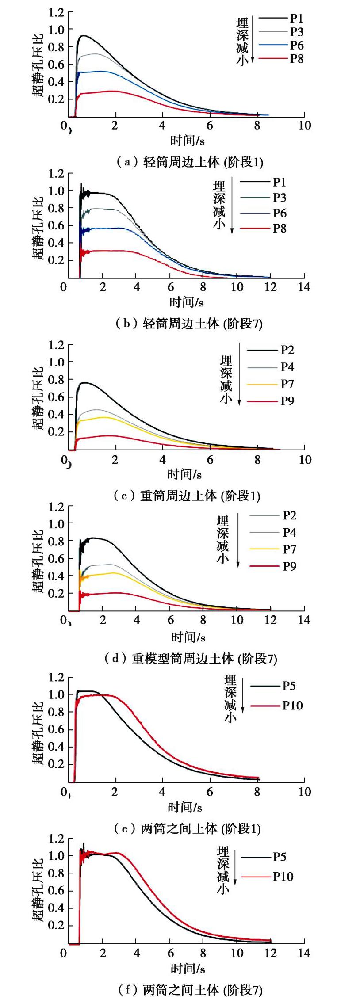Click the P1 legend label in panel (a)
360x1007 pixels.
pos(296,18)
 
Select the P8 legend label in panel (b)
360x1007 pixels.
pos(280,229)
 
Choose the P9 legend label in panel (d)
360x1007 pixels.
pos(289,566)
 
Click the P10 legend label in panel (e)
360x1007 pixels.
pos(292,706)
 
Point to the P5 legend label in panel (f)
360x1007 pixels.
pos(280,857)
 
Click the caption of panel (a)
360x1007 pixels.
pos(189,162)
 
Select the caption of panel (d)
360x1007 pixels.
pos(190,659)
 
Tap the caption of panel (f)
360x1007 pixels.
pos(190,990)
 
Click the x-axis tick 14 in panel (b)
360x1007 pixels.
pos(304,287)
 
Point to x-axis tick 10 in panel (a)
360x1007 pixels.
pos(305,126)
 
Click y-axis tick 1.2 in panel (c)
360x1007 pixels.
pos(56,344)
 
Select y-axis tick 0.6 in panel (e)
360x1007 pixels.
pos(56,729)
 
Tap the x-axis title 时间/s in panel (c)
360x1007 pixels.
pos(184,474)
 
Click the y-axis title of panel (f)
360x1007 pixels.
pos(39,891)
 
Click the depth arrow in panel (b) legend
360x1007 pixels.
pos(231,206)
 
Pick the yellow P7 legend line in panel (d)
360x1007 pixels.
pos(264,549)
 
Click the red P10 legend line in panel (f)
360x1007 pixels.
pos(256,877)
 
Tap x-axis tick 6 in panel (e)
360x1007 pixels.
pos(210,792)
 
